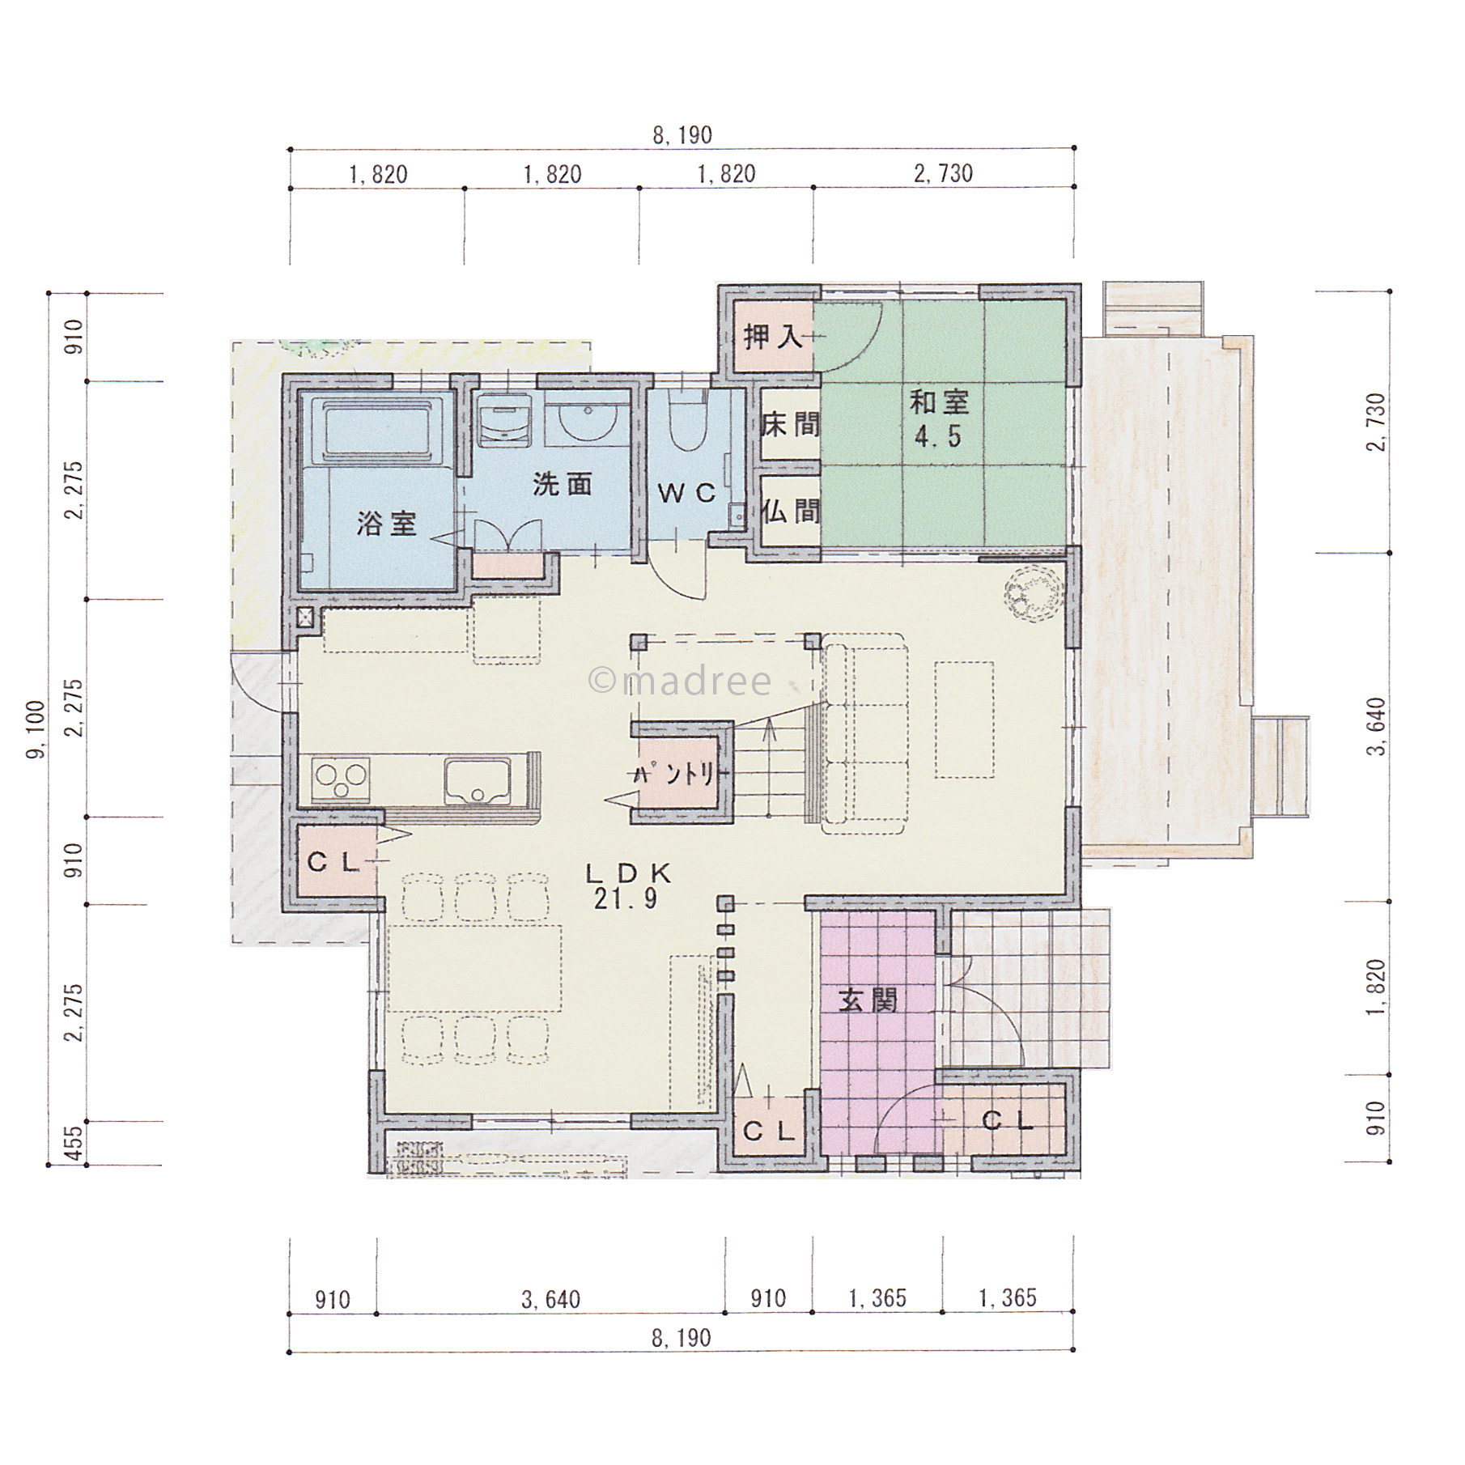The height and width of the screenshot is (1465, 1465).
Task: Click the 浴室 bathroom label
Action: click(x=387, y=524)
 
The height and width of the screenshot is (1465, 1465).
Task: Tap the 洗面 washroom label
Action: click(x=563, y=484)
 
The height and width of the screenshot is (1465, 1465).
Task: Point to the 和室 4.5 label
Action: click(x=939, y=418)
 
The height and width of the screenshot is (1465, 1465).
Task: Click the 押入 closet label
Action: click(x=773, y=336)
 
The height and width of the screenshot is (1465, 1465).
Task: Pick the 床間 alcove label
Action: click(x=790, y=424)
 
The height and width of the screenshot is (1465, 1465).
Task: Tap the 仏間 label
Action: click(x=790, y=512)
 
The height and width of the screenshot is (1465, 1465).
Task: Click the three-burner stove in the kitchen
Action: click(x=340, y=779)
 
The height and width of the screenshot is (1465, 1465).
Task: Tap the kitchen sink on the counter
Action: click(x=478, y=781)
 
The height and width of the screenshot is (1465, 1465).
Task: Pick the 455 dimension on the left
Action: click(x=73, y=1144)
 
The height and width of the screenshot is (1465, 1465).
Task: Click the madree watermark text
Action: click(x=680, y=682)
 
